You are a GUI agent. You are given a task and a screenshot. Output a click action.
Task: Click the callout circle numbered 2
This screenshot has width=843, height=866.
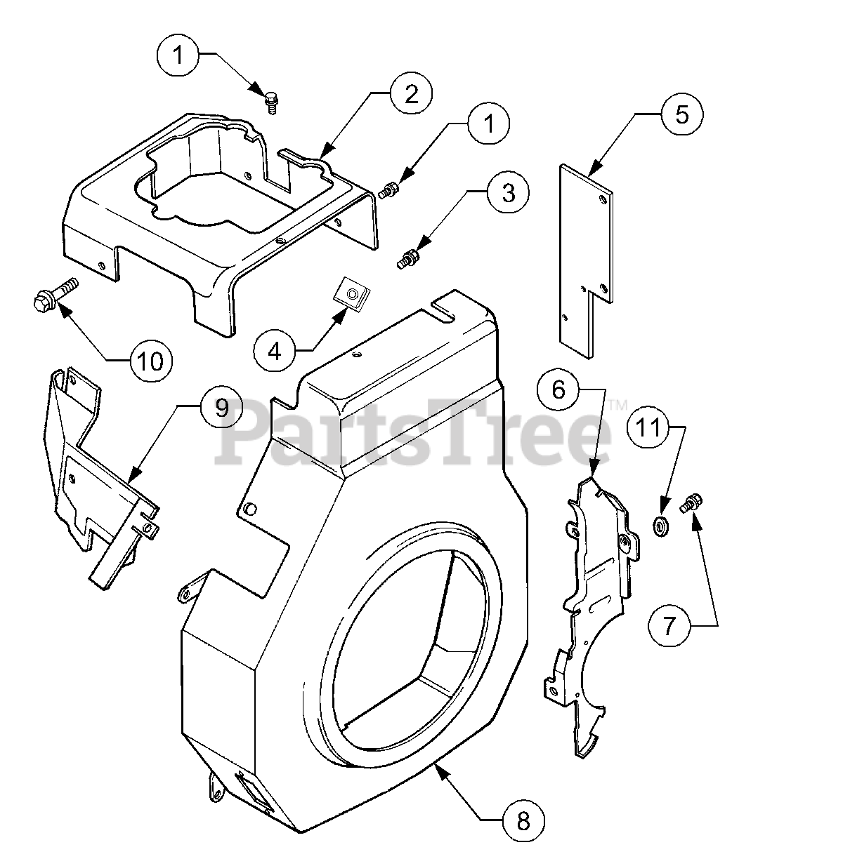pyautogui.click(x=411, y=93)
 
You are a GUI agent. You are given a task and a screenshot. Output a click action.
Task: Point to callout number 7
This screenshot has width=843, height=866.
pyautogui.click(x=669, y=625)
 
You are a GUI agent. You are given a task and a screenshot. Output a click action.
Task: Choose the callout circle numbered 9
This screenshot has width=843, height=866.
pyautogui.click(x=222, y=407)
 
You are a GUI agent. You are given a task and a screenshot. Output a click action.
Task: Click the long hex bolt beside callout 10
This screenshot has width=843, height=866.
pyautogui.click(x=53, y=295)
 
